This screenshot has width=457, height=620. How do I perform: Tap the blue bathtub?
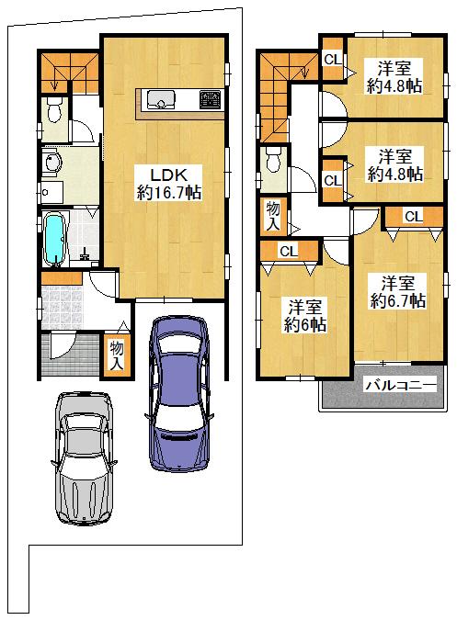pyautogui.click(x=54, y=239)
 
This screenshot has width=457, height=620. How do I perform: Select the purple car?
pyautogui.click(x=178, y=392)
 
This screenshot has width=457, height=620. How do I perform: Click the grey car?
pyautogui.click(x=84, y=458)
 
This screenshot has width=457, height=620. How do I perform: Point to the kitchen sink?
pyautogui.click(x=161, y=99)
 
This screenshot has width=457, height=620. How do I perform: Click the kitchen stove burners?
pyautogui.click(x=210, y=99)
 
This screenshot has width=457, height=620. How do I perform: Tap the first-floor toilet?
pyautogui.click(x=54, y=110)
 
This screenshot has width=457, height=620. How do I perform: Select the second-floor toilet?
pyautogui.click(x=273, y=160)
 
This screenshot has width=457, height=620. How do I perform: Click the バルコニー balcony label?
pyautogui.click(x=400, y=384)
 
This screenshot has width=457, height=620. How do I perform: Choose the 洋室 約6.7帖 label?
pyautogui.click(x=397, y=292)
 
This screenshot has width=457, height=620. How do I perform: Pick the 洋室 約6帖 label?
pyautogui.click(x=304, y=316)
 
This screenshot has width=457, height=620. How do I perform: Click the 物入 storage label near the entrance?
pyautogui.click(x=117, y=355)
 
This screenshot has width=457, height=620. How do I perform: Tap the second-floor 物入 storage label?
pyautogui.click(x=273, y=216)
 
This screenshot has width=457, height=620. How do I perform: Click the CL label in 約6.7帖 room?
pyautogui.click(x=414, y=216)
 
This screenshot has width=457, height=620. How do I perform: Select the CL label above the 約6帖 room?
pyautogui.click(x=289, y=251)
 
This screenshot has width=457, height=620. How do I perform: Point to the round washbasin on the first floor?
pyautogui.click(x=52, y=163)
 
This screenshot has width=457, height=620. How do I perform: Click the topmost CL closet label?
pyautogui.click(x=333, y=60)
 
